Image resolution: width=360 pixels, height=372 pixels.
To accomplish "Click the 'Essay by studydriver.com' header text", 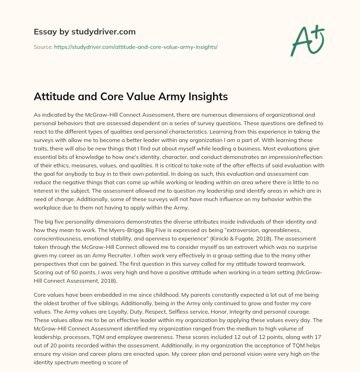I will click(84, 32).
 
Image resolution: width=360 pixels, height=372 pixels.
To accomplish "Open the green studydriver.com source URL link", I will click(136, 47).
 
